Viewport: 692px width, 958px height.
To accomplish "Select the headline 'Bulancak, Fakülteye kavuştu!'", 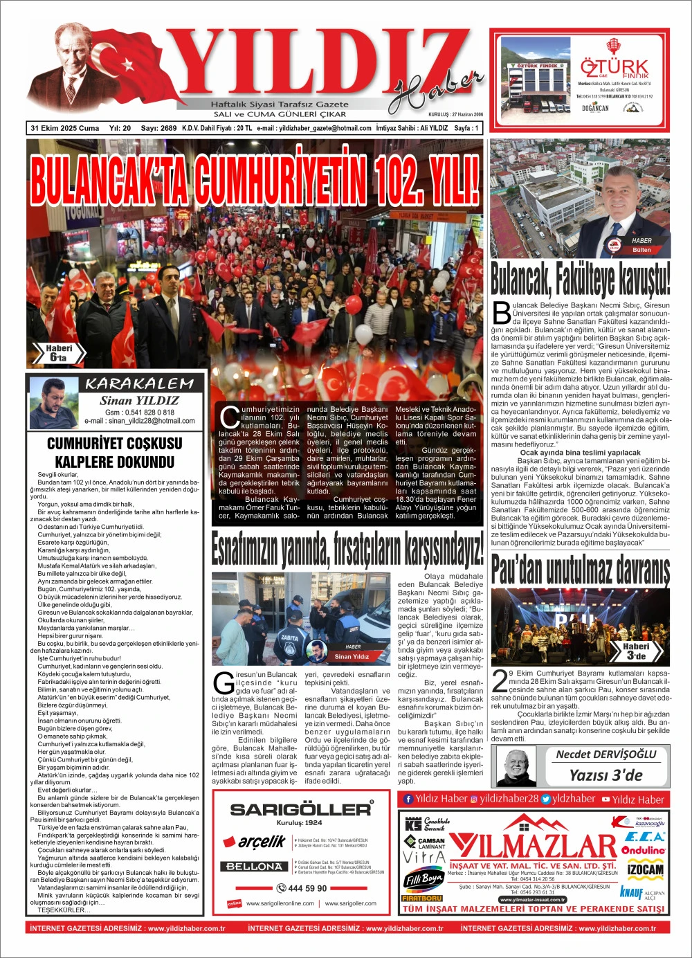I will [x=580, y=279].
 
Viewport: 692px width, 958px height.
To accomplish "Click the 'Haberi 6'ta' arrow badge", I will [x=59, y=353].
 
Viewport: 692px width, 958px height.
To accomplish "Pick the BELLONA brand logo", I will [x=254, y=866].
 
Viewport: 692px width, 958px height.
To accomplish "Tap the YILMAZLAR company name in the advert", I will [x=533, y=847].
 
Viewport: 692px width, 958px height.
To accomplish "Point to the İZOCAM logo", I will [x=645, y=869].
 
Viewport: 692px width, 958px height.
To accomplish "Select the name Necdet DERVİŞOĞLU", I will [x=605, y=754].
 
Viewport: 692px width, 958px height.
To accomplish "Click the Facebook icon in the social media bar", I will [x=408, y=799].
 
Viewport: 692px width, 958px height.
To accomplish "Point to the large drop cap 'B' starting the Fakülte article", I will [x=501, y=314].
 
